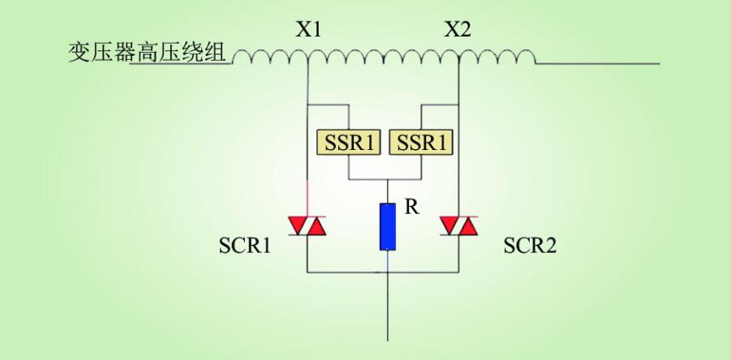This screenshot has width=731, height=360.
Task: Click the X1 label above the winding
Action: tap(308, 31)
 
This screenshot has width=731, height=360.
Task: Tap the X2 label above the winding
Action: tap(458, 31)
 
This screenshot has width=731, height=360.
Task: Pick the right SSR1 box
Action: tap(422, 143)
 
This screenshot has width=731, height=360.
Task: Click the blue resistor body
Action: tap(388, 226)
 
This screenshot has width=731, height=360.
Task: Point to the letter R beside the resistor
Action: tap(411, 208)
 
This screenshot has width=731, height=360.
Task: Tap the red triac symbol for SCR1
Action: tap(308, 227)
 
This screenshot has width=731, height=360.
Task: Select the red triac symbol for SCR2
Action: tap(458, 227)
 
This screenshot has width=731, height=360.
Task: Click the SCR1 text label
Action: tap(244, 246)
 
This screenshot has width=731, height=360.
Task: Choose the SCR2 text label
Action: tap(530, 246)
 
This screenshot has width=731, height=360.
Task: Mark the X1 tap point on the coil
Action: tap(308, 61)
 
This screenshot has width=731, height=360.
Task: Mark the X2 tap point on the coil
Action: tap(459, 61)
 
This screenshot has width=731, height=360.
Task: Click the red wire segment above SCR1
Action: tap(308, 198)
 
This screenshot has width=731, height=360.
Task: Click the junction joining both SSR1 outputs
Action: tap(388, 179)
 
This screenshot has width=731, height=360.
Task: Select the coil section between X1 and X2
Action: tap(384, 57)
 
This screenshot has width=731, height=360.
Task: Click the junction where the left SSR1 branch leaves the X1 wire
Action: tap(308, 105)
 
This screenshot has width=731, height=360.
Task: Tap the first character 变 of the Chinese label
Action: tap(80, 54)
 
